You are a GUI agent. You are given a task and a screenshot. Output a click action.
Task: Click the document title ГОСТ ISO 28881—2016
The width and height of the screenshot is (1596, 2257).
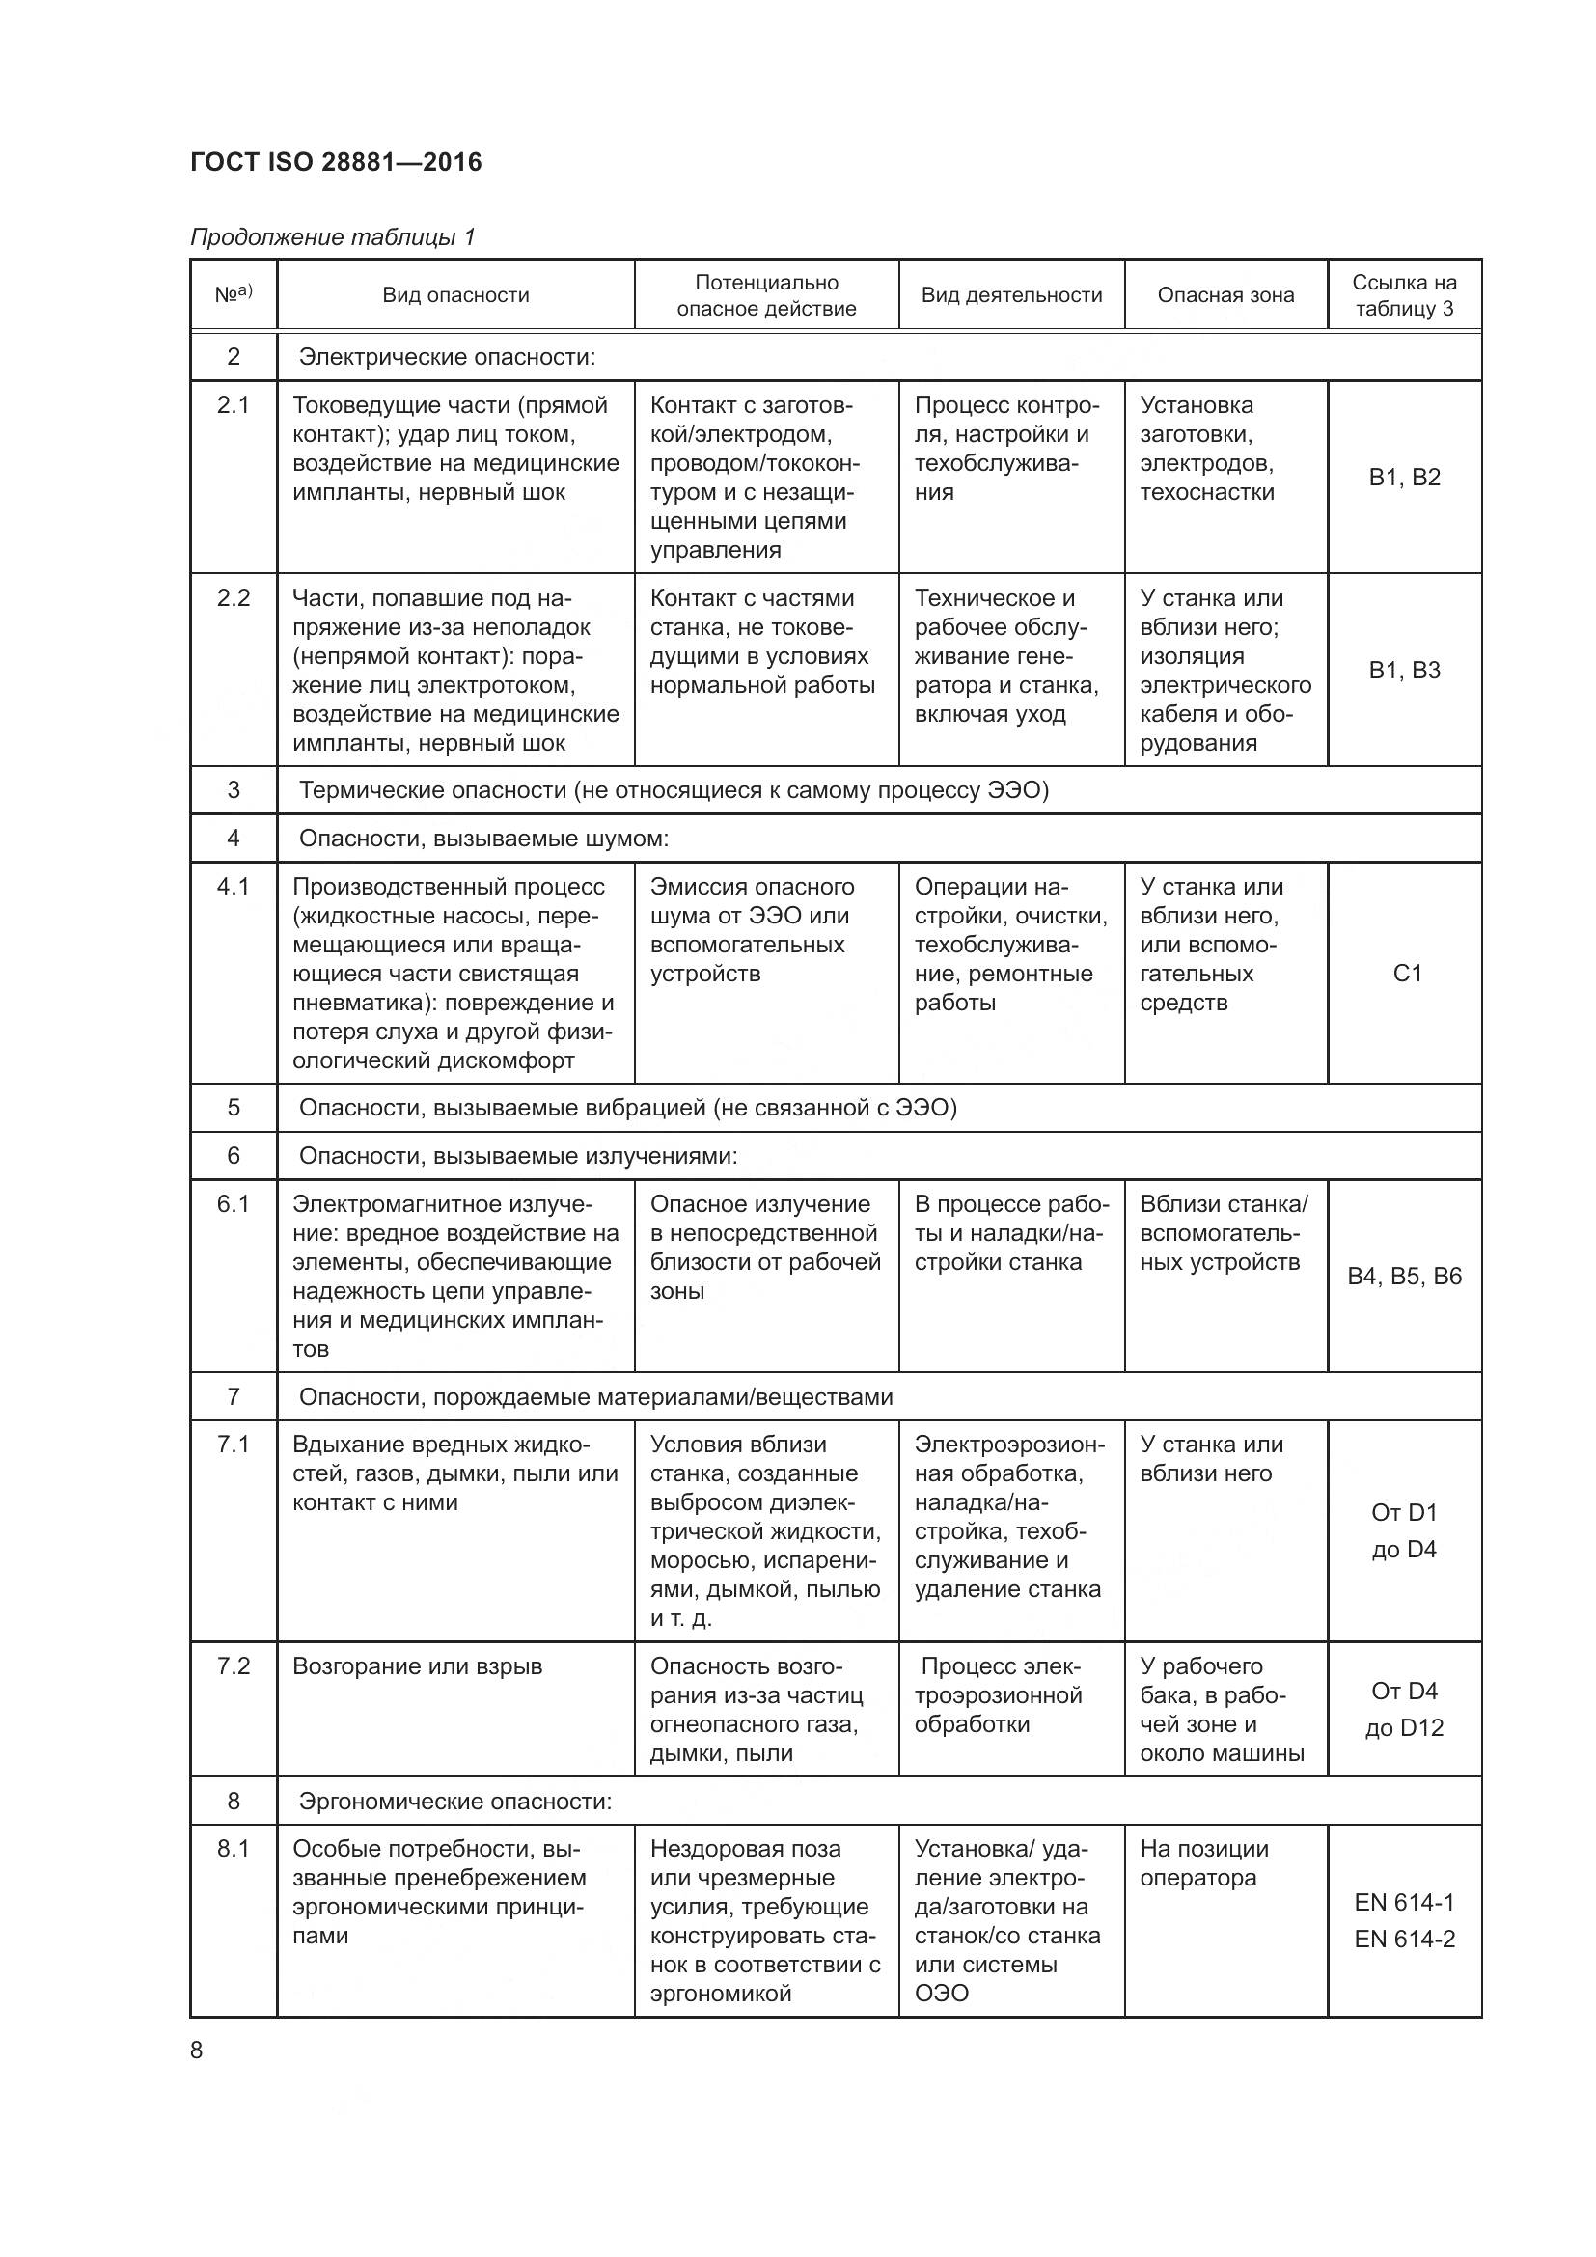[336, 162]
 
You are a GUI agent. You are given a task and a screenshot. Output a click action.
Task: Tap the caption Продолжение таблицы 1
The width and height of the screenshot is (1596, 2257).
[332, 237]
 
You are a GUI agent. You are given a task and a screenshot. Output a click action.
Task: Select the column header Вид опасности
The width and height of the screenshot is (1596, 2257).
[455, 295]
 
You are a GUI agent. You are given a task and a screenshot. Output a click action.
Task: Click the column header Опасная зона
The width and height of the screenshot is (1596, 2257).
[1225, 295]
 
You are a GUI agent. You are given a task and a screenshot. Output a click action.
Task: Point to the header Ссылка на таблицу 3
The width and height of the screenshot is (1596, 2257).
[1403, 295]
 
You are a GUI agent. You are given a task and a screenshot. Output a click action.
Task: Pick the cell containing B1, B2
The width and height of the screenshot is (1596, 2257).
[1403, 478]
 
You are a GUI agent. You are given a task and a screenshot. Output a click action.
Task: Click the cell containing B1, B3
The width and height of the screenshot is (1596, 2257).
[1403, 671]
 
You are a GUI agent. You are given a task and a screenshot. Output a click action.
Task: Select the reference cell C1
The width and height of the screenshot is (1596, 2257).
[1406, 974]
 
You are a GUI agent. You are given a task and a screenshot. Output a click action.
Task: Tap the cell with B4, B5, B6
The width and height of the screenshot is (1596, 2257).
[1403, 1276]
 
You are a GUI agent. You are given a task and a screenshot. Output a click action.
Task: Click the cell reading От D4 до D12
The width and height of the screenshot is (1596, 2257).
[1403, 1710]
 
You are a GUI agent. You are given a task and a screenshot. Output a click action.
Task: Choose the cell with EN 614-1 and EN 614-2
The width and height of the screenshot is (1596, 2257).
[1403, 1921]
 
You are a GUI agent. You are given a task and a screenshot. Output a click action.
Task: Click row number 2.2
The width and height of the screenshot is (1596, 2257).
[234, 598]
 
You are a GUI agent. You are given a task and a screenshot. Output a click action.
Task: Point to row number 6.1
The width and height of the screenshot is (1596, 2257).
[234, 1204]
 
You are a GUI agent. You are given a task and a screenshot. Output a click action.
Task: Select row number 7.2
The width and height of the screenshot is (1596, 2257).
[234, 1666]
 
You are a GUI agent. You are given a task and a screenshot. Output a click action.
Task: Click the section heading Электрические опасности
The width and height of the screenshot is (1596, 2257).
[447, 357]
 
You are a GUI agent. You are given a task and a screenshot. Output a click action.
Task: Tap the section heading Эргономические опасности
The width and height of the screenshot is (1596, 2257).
[455, 1801]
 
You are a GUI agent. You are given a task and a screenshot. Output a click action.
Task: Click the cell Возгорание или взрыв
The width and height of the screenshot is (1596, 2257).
[418, 1666]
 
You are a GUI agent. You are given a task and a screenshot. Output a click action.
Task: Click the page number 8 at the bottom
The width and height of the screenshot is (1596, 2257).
[197, 2051]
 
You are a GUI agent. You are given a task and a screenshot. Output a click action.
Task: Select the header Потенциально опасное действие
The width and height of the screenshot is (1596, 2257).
[766, 295]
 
